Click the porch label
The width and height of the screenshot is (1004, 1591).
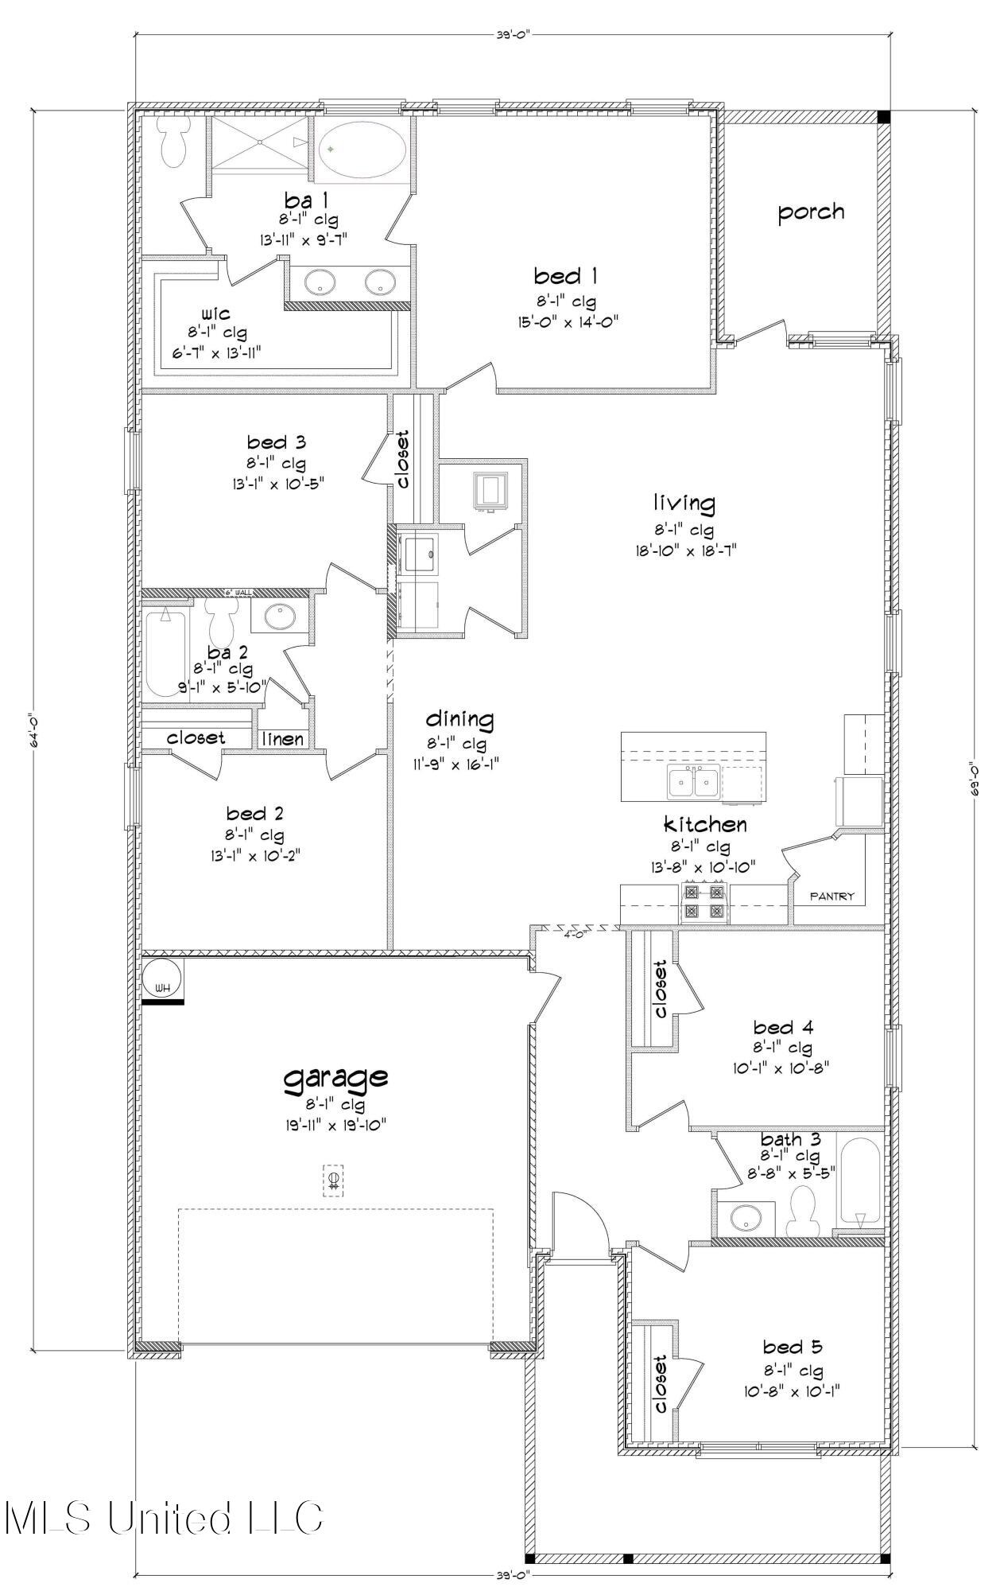(x=810, y=212)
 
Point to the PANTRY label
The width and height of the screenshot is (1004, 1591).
(x=831, y=897)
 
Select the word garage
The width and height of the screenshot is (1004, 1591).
(x=336, y=1078)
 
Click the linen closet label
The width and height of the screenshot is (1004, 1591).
(x=283, y=739)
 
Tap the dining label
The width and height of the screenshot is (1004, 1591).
(x=459, y=719)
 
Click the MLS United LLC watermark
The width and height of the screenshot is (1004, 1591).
(x=163, y=1516)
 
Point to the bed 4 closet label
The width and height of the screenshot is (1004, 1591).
(x=659, y=989)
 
